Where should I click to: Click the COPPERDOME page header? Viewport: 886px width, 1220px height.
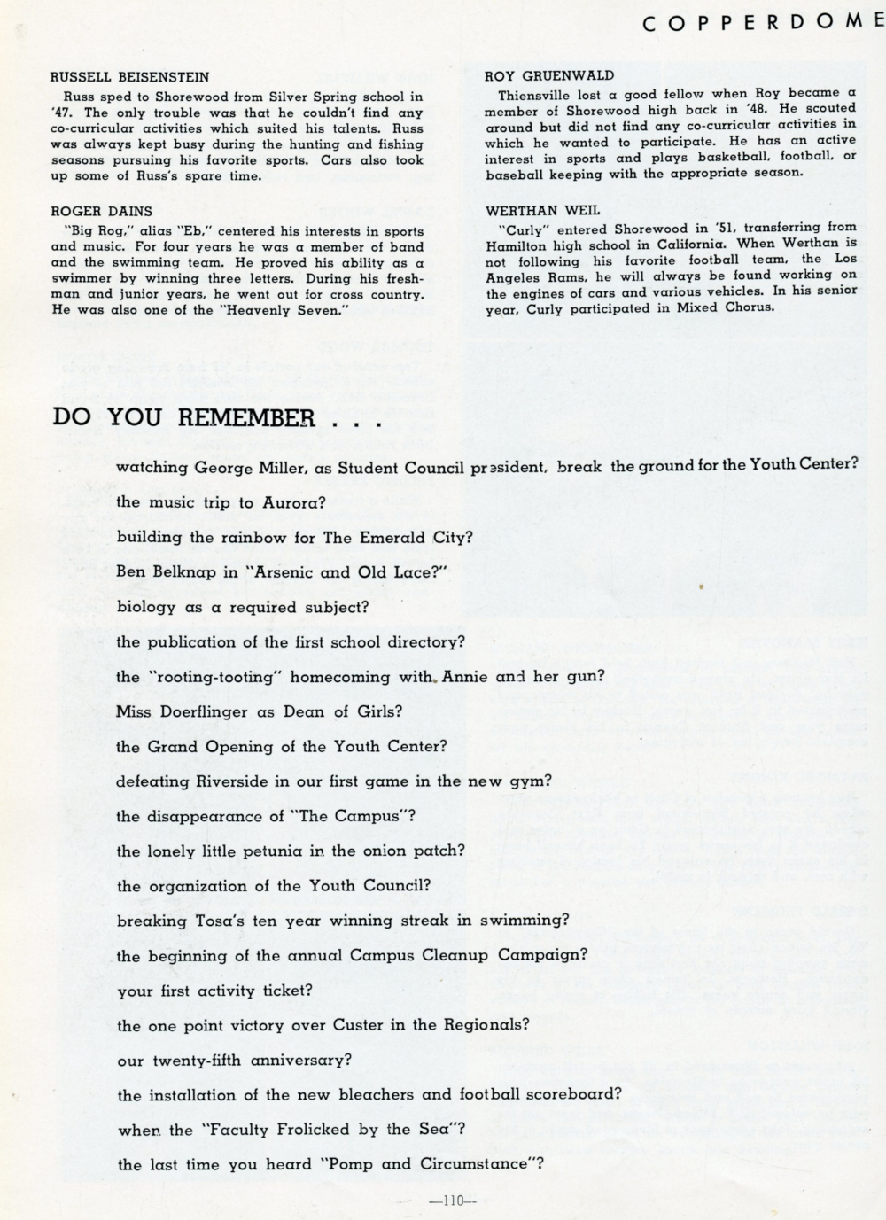tap(762, 24)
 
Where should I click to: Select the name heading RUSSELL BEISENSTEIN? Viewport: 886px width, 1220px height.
tap(130, 77)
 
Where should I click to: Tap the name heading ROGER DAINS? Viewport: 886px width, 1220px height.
tap(101, 211)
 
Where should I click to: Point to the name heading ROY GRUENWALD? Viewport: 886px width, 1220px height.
tap(549, 76)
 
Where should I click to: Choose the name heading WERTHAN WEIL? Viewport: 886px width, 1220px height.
tap(542, 210)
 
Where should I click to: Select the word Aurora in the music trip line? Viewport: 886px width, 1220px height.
tap(293, 502)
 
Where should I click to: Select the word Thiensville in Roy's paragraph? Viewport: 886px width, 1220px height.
tap(536, 93)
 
